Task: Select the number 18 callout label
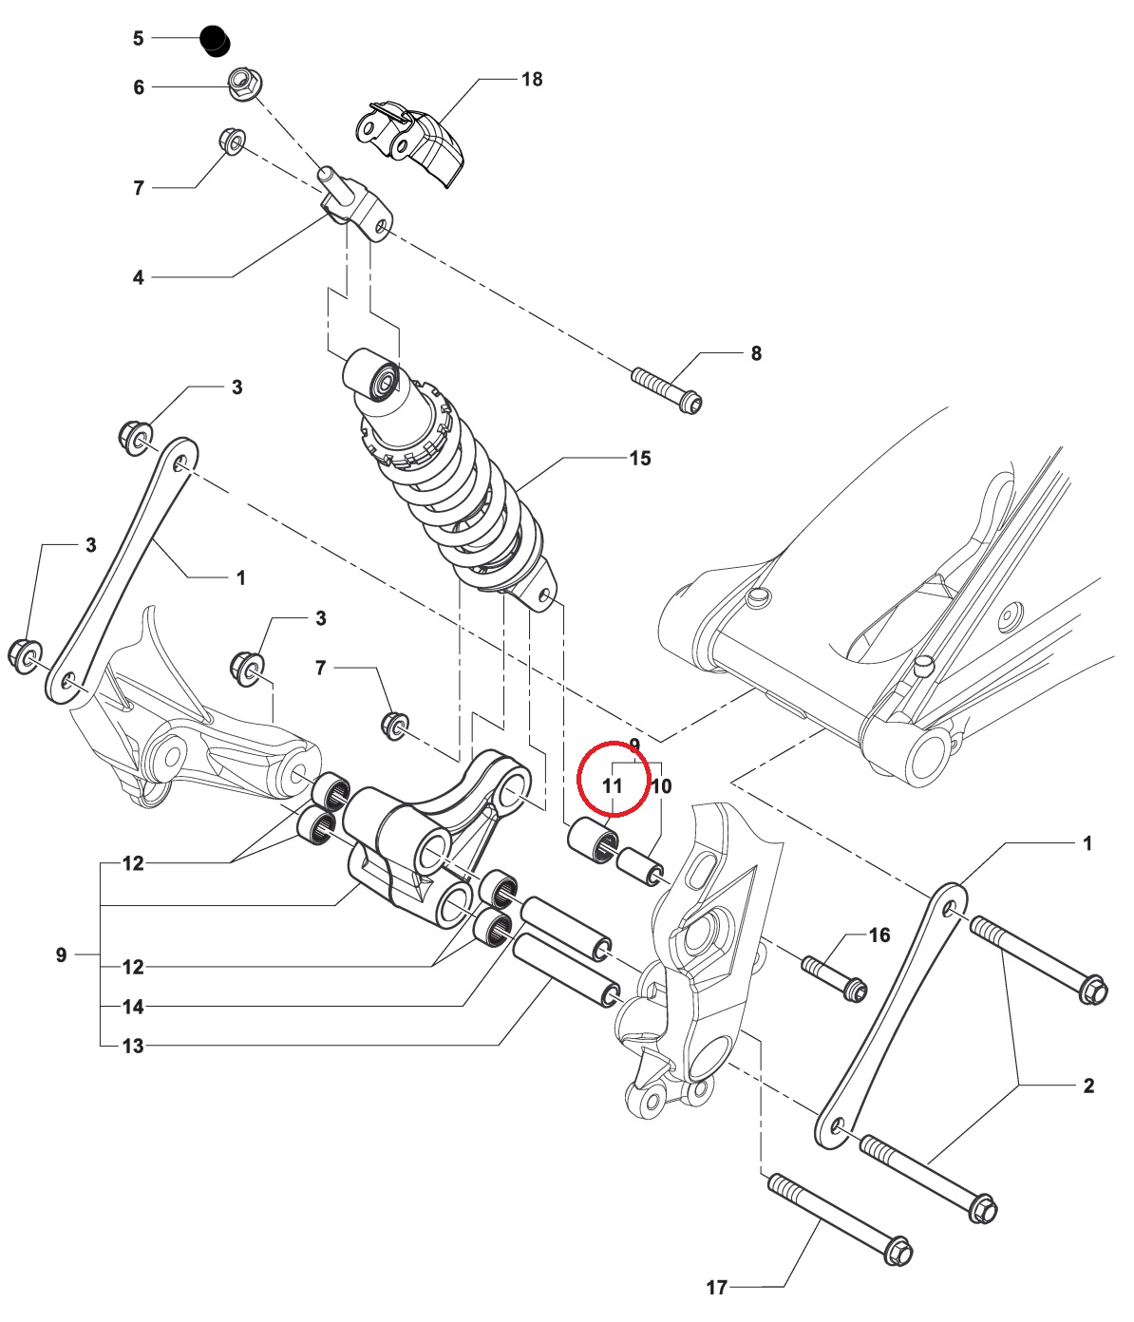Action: click(532, 80)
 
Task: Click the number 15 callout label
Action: click(640, 459)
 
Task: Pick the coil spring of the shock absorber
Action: click(470, 503)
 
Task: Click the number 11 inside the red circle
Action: click(613, 786)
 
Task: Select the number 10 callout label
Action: click(661, 786)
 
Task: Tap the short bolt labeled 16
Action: click(834, 977)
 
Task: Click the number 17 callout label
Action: click(716, 1288)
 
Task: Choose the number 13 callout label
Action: click(133, 1047)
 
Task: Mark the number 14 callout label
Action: click(133, 1007)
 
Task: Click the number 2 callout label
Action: click(1088, 1086)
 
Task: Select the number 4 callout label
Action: click(139, 278)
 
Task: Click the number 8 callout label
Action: click(756, 353)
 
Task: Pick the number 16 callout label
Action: click(879, 935)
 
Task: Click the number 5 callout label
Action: click(139, 38)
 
